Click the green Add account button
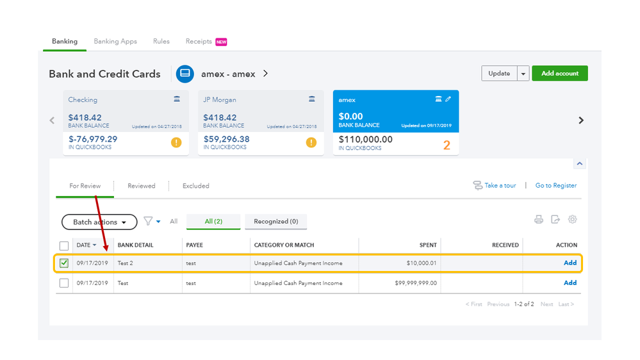(x=559, y=74)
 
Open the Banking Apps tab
(x=115, y=42)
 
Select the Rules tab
(x=161, y=42)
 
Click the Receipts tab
(x=199, y=42)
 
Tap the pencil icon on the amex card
(x=448, y=99)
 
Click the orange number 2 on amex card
(x=447, y=145)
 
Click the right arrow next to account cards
(x=581, y=120)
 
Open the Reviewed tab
(x=141, y=186)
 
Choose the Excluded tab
(x=196, y=186)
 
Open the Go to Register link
(x=555, y=186)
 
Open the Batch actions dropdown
(x=99, y=222)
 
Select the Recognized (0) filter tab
(x=275, y=222)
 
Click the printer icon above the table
(x=539, y=220)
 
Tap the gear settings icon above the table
(x=572, y=220)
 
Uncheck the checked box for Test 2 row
(x=64, y=263)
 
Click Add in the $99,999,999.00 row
(x=570, y=282)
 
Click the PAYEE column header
(x=195, y=245)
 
